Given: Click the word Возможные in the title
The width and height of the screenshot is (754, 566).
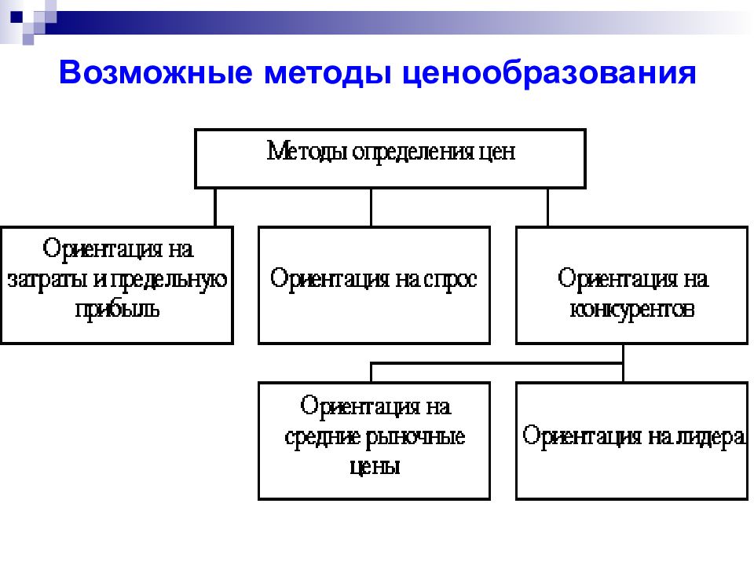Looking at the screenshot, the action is (x=156, y=72).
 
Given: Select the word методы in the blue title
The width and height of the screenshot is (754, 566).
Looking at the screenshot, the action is (x=328, y=73).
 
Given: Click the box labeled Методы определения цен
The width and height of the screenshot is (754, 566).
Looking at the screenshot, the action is (x=390, y=158).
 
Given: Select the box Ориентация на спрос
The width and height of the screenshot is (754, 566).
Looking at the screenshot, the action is (x=374, y=285).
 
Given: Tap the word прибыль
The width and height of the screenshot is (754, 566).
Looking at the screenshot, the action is (x=117, y=310).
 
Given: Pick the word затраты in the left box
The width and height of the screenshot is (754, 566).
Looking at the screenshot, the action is (x=48, y=280).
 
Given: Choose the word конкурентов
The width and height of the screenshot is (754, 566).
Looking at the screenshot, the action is (x=631, y=310).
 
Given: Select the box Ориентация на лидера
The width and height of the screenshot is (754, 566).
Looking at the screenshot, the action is (x=631, y=441).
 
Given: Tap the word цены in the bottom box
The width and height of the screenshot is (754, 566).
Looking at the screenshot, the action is (x=375, y=467).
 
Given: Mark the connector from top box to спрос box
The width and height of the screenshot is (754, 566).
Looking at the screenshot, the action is (x=371, y=208).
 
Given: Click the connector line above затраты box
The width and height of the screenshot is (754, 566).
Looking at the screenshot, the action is (x=215, y=208).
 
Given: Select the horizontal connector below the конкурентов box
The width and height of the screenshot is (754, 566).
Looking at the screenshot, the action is (x=496, y=363).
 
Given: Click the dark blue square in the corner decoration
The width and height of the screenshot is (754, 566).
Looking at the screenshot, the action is (x=16, y=17).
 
